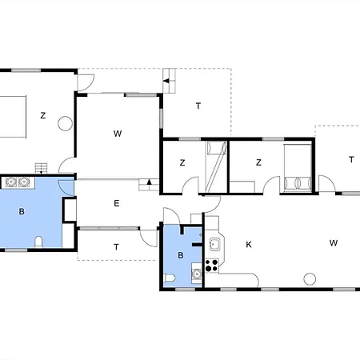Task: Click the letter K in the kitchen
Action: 249,245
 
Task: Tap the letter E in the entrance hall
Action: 117,203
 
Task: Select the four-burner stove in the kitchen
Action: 212,266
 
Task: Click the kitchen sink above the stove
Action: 214,244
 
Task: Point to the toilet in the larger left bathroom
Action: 38,242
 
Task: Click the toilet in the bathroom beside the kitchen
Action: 170,278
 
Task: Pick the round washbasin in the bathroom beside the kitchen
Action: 197,274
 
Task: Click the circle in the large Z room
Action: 65,123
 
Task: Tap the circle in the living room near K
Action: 310,279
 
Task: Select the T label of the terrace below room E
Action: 116,247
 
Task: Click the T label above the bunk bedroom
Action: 198,106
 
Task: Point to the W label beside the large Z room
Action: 118,134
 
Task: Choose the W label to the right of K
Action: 334,243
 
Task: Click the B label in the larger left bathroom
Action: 22,212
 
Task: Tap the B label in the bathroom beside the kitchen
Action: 181,255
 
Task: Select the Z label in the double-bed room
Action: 258,162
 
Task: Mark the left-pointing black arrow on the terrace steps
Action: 166,81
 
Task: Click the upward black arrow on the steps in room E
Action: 150,182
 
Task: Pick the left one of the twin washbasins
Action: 11,182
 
